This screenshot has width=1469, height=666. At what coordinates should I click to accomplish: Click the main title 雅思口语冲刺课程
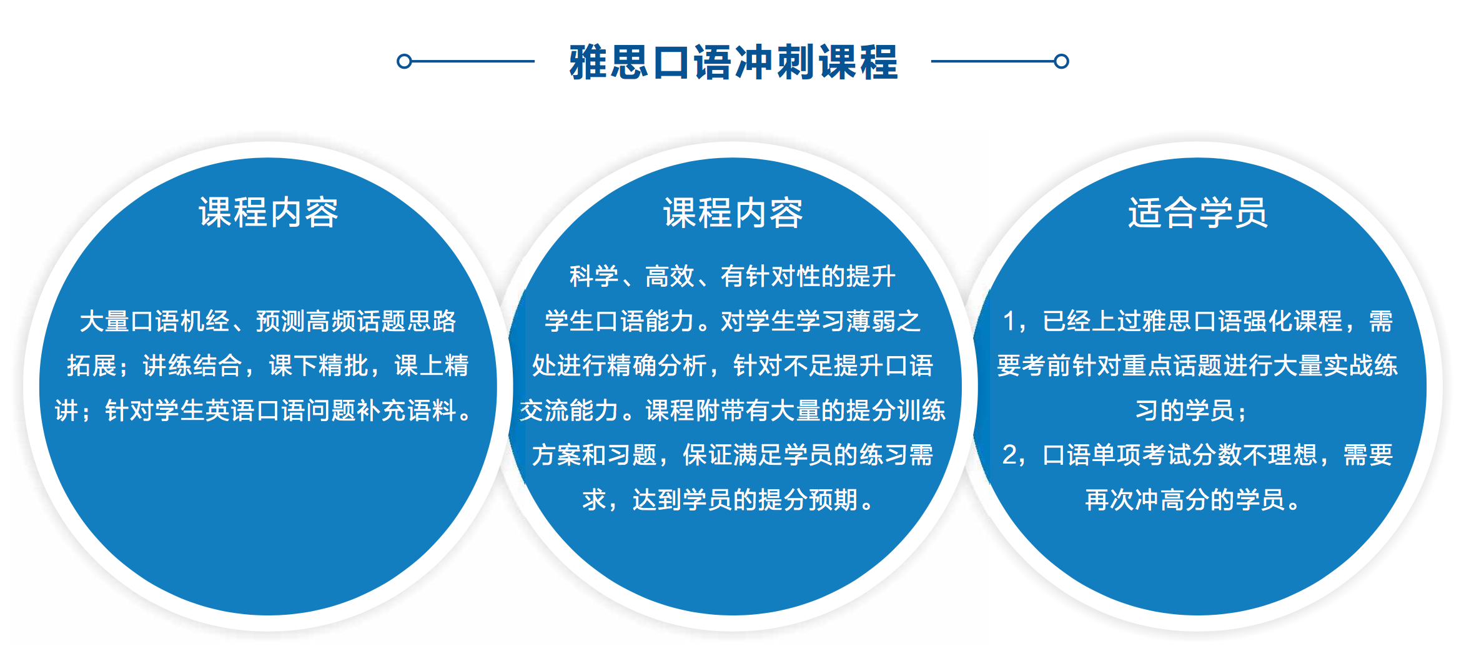[733, 62]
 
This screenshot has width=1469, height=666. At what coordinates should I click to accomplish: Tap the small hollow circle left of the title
[404, 61]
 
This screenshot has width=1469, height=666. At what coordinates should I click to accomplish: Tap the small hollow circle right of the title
[1061, 61]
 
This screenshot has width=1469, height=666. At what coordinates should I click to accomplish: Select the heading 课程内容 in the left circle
[269, 212]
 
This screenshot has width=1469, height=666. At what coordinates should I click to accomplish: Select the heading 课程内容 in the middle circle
[733, 212]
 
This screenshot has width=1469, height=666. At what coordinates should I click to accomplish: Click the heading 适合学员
[1198, 212]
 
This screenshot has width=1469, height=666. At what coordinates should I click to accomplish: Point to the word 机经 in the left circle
[205, 321]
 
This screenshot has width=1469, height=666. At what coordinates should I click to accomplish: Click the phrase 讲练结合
[193, 365]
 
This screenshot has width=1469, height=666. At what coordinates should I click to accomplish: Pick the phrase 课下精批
[319, 365]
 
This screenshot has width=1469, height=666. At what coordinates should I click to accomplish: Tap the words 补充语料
[407, 410]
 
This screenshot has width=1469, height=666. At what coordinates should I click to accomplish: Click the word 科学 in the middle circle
[594, 276]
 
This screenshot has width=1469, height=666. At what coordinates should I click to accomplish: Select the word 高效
[670, 276]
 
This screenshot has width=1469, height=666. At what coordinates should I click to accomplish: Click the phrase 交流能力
[570, 410]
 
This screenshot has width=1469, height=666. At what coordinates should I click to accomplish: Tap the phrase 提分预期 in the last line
[808, 500]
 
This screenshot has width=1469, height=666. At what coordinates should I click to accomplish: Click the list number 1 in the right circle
[1009, 321]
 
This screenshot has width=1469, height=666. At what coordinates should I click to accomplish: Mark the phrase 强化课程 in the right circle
[1293, 321]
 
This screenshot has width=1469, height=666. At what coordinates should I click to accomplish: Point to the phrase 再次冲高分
[1148, 500]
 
